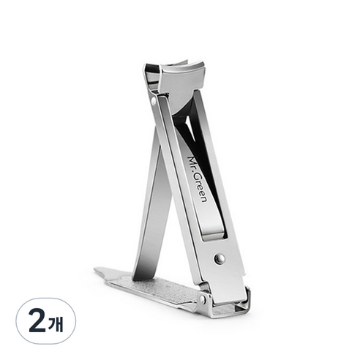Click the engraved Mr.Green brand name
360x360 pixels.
197,179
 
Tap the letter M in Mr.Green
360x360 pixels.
191,160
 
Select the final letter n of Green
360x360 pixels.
203,200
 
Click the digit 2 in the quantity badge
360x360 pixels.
37,320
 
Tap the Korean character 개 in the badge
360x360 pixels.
56,323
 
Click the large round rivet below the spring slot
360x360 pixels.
220,258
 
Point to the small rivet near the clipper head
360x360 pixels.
153,101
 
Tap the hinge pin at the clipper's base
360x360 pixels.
202,299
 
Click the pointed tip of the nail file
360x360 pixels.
94,269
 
